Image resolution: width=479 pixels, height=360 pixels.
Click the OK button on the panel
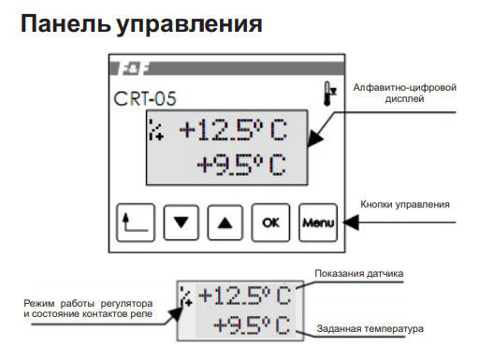click(x=270, y=223)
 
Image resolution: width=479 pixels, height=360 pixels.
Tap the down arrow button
click(x=181, y=223)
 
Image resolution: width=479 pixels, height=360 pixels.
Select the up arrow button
click(x=225, y=223)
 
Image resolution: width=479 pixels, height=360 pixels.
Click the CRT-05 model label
click(x=144, y=97)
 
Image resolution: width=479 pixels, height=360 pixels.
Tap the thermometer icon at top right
click(x=327, y=94)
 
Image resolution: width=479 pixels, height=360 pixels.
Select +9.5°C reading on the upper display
click(x=241, y=166)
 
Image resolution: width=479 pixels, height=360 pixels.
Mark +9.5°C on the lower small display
click(x=250, y=325)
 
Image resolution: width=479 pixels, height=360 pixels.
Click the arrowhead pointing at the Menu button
click(x=349, y=223)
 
